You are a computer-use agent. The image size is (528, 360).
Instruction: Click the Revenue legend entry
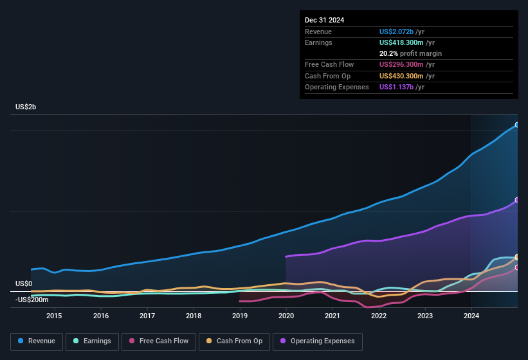pyautogui.click(x=37, y=341)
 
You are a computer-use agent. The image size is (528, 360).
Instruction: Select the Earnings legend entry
pyautogui.click(x=93, y=341)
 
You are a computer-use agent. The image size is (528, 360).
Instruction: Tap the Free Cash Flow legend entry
pyautogui.click(x=158, y=341)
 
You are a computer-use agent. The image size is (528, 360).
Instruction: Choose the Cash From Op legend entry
pyautogui.click(x=234, y=341)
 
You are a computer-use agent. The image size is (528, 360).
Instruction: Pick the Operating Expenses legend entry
pyautogui.click(x=318, y=341)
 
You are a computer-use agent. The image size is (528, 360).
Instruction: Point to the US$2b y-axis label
pyautogui.click(x=26, y=107)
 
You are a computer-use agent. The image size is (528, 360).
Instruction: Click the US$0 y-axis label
pyautogui.click(x=24, y=283)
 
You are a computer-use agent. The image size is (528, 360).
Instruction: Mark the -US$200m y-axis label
pyautogui.click(x=32, y=300)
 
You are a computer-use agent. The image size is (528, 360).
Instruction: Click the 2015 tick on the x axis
pyautogui.click(x=54, y=316)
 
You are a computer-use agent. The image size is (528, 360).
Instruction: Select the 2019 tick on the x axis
pyautogui.click(x=240, y=316)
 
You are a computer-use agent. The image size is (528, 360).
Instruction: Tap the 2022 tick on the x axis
pyautogui.click(x=379, y=316)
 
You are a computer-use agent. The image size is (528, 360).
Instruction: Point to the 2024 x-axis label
pyautogui.click(x=471, y=316)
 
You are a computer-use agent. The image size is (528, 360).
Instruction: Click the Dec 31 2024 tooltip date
pyautogui.click(x=324, y=20)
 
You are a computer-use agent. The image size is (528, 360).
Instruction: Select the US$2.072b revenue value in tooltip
pyautogui.click(x=401, y=31)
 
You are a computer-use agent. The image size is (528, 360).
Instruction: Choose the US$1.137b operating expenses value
pyautogui.click(x=401, y=87)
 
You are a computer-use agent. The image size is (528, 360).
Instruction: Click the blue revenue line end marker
pyautogui.click(x=516, y=125)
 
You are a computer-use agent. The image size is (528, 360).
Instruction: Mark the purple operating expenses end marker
pyautogui.click(x=516, y=200)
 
